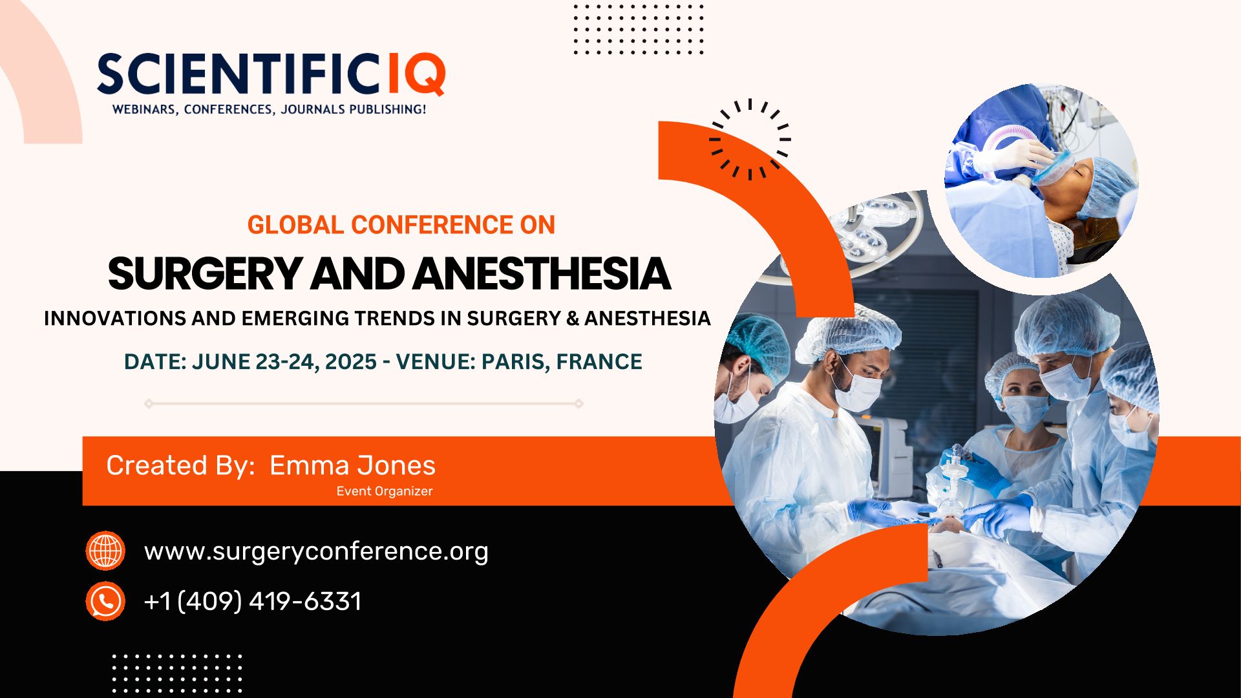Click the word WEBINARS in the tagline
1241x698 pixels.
click(x=144, y=110)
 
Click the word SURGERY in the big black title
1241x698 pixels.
click(x=205, y=274)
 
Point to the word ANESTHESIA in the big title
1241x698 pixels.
click(x=542, y=273)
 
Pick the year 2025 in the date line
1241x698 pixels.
click(x=351, y=362)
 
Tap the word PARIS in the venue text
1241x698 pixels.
click(x=515, y=362)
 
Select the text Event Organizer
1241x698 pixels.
click(x=385, y=491)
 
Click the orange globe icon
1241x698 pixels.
click(x=105, y=551)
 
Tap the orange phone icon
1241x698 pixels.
click(x=105, y=601)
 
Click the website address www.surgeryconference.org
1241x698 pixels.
click(x=316, y=551)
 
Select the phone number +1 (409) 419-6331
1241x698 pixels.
click(x=253, y=601)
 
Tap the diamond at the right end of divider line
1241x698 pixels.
click(x=579, y=404)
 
